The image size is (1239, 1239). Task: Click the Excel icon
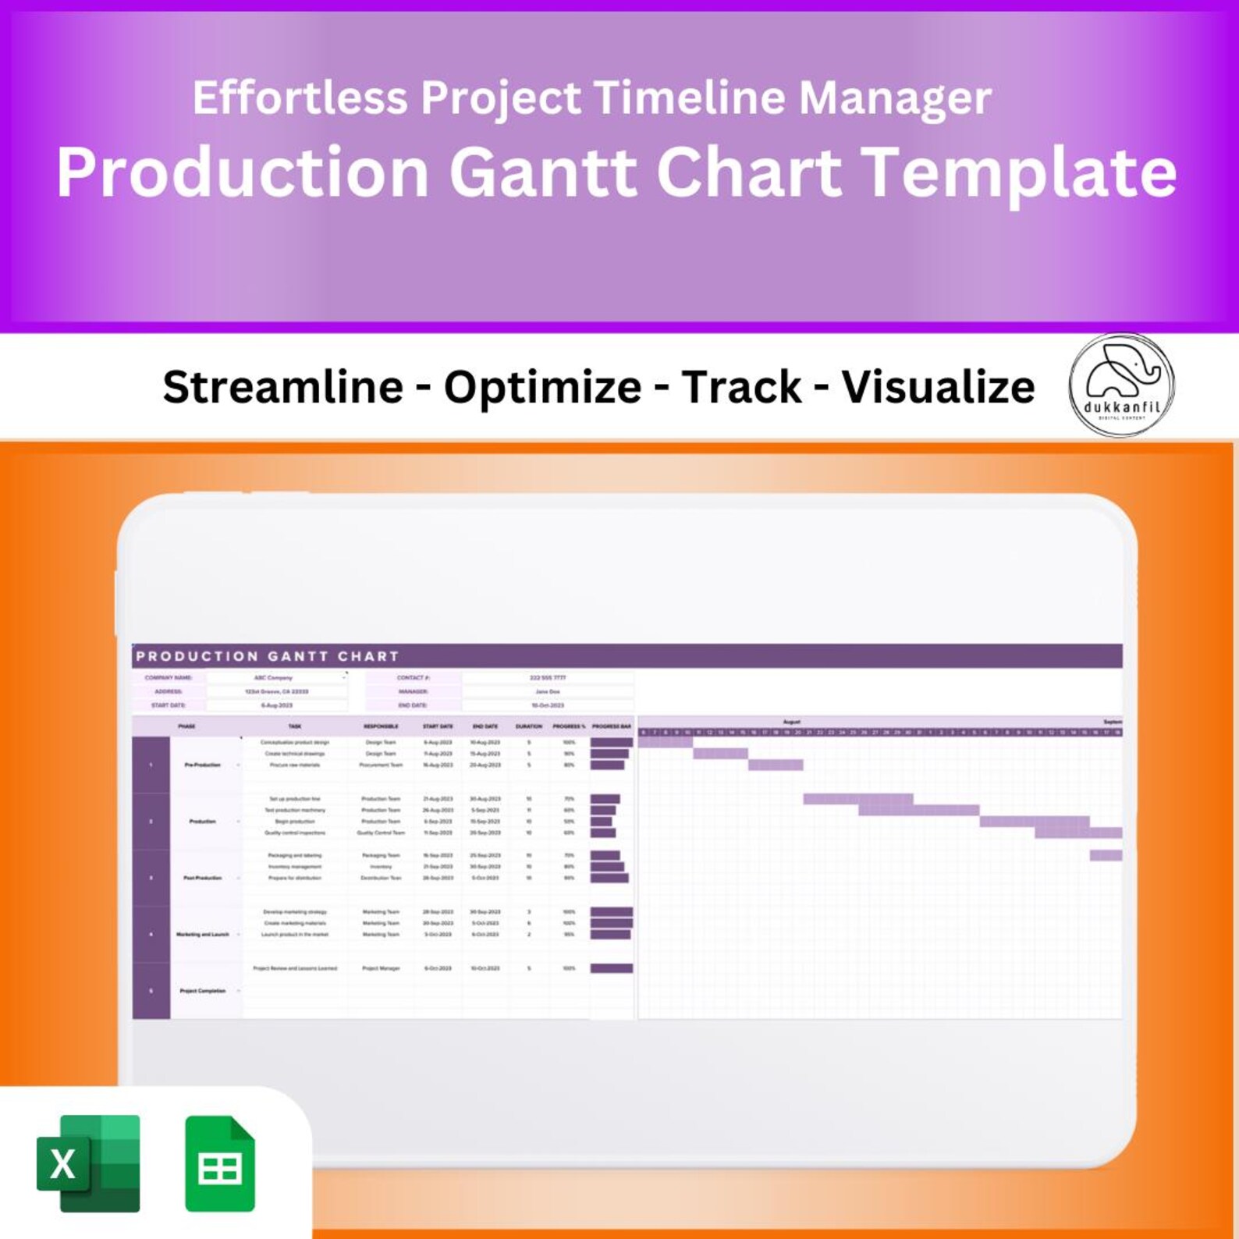tap(88, 1163)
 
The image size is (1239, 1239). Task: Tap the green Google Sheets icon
tap(220, 1163)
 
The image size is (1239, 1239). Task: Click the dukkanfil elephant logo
tap(1121, 385)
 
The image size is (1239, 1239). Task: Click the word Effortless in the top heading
tap(300, 98)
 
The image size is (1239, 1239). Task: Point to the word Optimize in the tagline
tap(542, 387)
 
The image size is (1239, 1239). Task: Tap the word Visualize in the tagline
tap(938, 387)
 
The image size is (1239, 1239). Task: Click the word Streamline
tap(282, 387)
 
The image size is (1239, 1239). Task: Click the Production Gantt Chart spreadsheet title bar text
tap(267, 656)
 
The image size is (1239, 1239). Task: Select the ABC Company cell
tap(274, 678)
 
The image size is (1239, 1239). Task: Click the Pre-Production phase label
tap(202, 765)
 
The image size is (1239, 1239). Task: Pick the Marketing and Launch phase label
tap(202, 934)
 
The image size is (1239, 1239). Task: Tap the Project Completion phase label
tap(202, 991)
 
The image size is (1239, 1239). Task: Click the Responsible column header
tap(381, 726)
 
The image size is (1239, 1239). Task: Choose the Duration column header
tap(528, 726)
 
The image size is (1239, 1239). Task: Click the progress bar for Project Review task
tap(611, 968)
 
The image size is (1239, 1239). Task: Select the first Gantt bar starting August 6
tap(665, 743)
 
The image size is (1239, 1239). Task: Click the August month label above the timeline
tap(791, 722)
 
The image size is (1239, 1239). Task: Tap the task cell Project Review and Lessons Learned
tap(295, 968)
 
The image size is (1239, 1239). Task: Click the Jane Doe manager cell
tap(547, 691)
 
